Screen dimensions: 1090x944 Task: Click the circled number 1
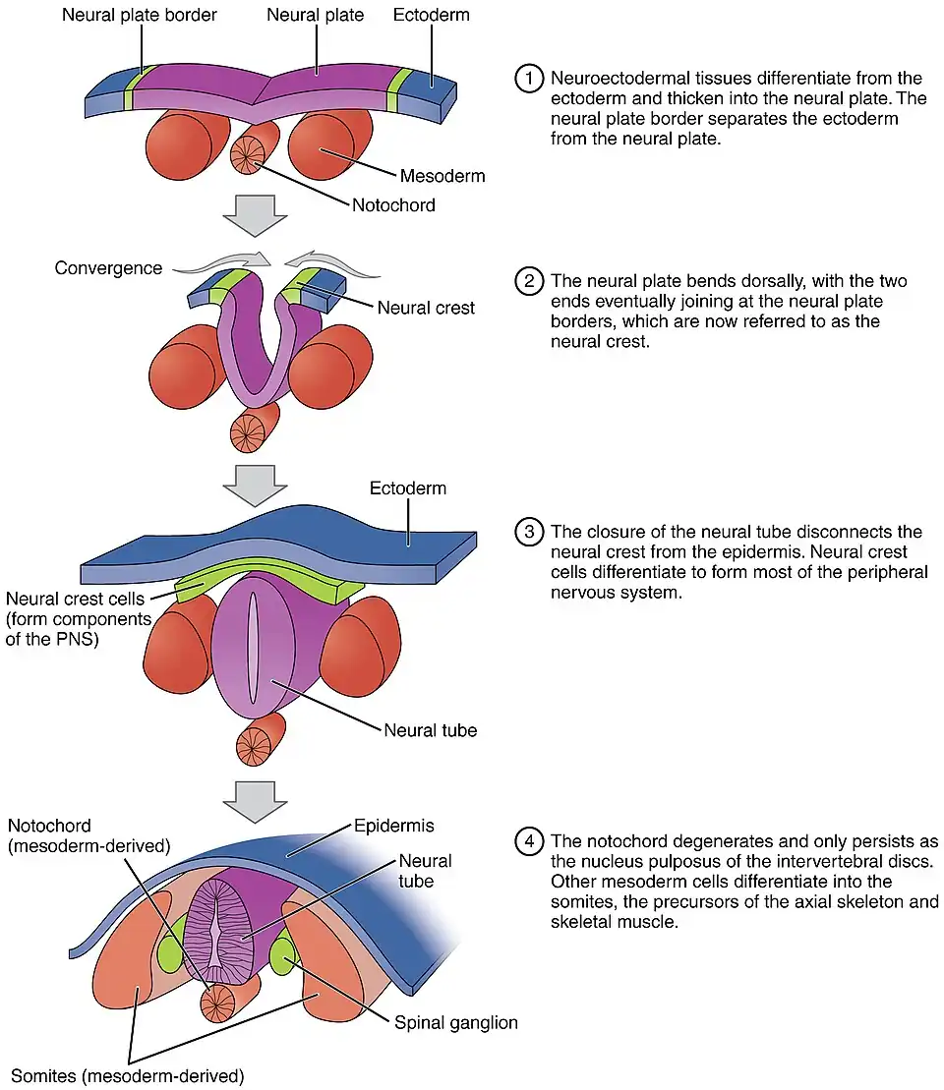pyautogui.click(x=529, y=78)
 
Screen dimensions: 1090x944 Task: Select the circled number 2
pyautogui.click(x=529, y=281)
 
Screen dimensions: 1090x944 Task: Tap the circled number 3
pyautogui.click(x=529, y=533)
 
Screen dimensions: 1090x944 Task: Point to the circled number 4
pyautogui.click(x=529, y=841)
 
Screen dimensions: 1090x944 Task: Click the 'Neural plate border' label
pyautogui.click(x=140, y=16)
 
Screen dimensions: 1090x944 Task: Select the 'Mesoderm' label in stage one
pyautogui.click(x=442, y=177)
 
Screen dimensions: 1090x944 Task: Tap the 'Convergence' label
pyautogui.click(x=108, y=268)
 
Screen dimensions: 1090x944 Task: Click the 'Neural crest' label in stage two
pyautogui.click(x=426, y=308)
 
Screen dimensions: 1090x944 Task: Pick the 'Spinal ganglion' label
pyautogui.click(x=455, y=1023)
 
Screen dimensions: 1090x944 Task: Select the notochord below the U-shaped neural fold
pyautogui.click(x=248, y=430)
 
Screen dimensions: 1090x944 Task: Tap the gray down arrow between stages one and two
pyautogui.click(x=255, y=214)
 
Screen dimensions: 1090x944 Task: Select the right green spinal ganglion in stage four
pyautogui.click(x=285, y=956)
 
